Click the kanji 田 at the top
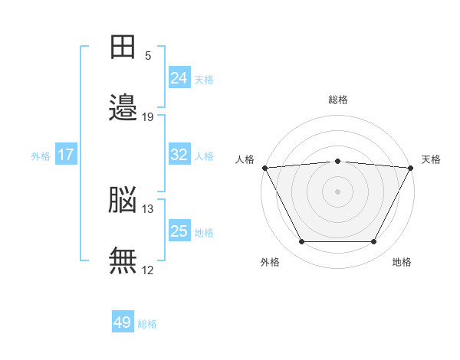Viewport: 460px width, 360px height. (123, 47)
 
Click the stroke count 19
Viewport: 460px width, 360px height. (148, 117)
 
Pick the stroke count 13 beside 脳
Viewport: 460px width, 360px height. (148, 208)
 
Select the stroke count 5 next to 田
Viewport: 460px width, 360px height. (148, 56)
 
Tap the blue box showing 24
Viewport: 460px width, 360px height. (179, 77)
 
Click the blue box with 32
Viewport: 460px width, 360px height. (179, 154)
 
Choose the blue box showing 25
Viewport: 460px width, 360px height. (179, 231)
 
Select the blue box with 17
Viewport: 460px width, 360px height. (66, 155)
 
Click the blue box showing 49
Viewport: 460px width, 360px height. (123, 322)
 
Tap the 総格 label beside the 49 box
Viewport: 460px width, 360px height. (148, 324)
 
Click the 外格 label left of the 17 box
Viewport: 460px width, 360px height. (41, 155)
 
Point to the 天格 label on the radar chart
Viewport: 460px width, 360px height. (431, 159)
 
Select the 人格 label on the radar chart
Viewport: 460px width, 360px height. (245, 159)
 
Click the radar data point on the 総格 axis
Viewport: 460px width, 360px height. (337, 161)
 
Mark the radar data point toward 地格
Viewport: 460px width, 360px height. (374, 242)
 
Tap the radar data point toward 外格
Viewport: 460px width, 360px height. (301, 242)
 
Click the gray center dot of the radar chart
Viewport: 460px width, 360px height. (337, 191)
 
